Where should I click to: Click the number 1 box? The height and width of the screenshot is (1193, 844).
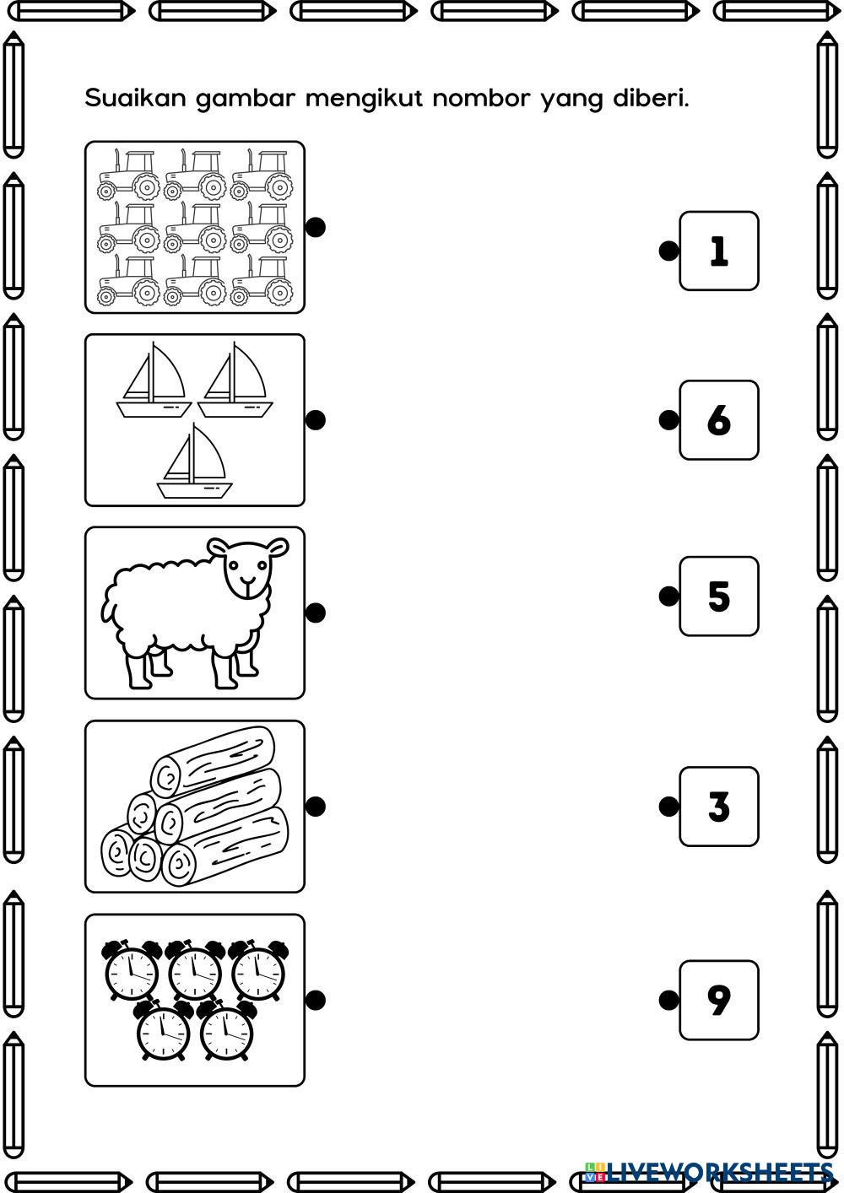[x=719, y=251]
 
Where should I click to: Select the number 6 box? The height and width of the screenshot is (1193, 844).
[x=719, y=419]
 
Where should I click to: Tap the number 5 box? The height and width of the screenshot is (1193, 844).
[x=719, y=596]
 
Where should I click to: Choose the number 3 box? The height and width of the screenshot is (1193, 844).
[x=719, y=807]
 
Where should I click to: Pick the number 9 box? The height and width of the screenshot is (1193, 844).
[x=719, y=1000]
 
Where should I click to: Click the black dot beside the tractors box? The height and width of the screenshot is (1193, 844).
[x=316, y=227]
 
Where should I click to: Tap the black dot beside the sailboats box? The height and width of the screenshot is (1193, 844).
[x=316, y=419]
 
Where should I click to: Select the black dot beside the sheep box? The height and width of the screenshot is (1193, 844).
[x=316, y=613]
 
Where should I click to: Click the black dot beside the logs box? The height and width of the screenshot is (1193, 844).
[x=316, y=807]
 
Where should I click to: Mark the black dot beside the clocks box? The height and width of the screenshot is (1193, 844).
[x=316, y=1000]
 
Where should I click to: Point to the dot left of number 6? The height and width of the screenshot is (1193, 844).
[x=668, y=419]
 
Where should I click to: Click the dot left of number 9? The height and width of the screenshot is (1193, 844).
[x=668, y=1000]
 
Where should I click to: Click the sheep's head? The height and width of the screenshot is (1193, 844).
[x=248, y=567]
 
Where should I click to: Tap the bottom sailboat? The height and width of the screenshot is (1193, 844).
[x=194, y=462]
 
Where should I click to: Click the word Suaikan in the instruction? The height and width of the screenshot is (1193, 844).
[x=135, y=99]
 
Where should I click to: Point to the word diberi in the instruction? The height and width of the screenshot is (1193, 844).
[x=651, y=99]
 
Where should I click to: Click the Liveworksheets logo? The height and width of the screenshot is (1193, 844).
[x=709, y=1173]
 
